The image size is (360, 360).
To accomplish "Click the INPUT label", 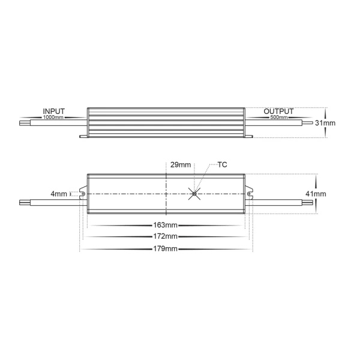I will click(53, 112).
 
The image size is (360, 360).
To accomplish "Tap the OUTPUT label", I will click(278, 112).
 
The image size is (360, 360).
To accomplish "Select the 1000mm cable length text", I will click(53, 118).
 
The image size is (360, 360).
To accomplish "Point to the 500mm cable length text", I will click(278, 118).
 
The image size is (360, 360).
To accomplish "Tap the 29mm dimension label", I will click(181, 164).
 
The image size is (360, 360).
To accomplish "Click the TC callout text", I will click(222, 164).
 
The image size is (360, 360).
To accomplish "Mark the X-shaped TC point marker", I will click(194, 193).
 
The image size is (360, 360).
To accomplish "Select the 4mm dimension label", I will click(59, 194).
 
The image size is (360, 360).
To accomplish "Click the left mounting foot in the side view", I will click(84, 136).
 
